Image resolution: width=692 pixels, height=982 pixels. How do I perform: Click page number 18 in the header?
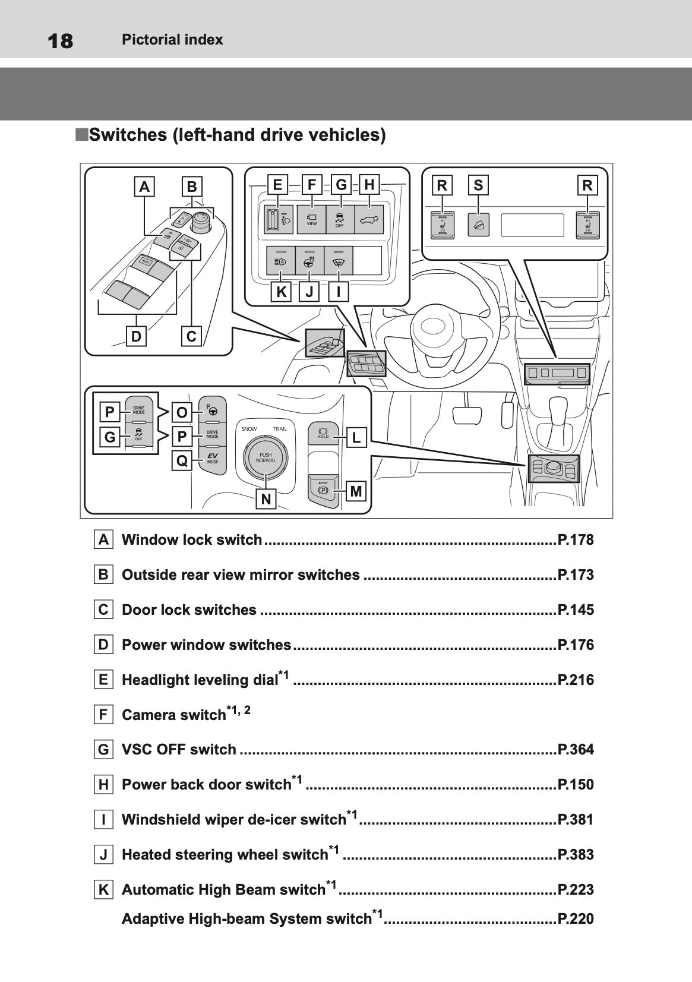coord(60,41)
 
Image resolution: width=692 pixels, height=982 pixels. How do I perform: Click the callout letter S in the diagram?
coord(478,185)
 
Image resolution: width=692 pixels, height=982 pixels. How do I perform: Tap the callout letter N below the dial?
coord(266,499)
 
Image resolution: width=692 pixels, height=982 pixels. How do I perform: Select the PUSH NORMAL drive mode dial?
coord(266,457)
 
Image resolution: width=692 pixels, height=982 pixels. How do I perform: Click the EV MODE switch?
coord(212,459)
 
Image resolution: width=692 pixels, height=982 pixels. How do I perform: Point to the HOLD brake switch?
coord(323,433)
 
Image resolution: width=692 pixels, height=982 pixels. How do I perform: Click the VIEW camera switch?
coord(311,219)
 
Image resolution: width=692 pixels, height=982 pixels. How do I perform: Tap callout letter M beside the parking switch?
coord(356,491)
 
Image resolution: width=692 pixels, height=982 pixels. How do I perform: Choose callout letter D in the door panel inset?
coord(136,336)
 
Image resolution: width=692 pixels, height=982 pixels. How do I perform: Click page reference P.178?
coord(576,539)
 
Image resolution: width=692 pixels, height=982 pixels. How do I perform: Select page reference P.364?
coord(576,749)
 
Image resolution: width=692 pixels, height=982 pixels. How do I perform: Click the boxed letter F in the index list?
coord(103,714)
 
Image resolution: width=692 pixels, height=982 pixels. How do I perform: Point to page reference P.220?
coord(576,918)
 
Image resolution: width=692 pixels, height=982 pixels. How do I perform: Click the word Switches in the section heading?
coord(128,135)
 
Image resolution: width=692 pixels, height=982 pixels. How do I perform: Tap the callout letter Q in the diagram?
coord(182,460)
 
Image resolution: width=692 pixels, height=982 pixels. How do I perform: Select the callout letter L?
coord(356,438)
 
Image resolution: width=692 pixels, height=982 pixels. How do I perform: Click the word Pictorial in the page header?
coord(148,40)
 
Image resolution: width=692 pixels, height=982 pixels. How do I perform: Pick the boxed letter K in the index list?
coord(103,889)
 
